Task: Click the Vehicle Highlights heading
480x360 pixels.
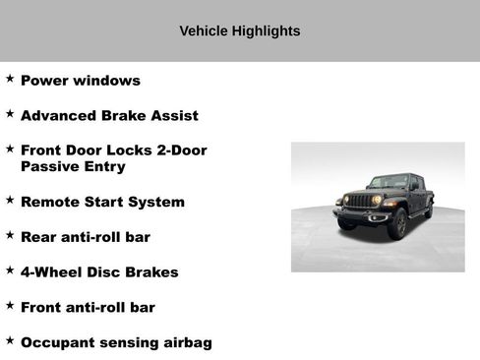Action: (x=239, y=31)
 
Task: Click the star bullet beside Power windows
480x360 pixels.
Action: (x=10, y=78)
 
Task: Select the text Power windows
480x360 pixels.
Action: (x=81, y=81)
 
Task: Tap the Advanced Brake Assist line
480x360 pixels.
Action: (x=109, y=115)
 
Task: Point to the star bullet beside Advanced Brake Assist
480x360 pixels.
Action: (x=10, y=113)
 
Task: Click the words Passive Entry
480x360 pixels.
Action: (x=73, y=167)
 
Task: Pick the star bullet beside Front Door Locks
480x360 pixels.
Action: (x=10, y=149)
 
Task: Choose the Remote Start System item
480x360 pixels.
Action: (x=102, y=202)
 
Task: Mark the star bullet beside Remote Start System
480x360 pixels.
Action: (x=10, y=200)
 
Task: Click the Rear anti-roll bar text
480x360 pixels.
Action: (x=86, y=237)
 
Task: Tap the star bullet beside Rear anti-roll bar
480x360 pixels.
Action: (x=10, y=235)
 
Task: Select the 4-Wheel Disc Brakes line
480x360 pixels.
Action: (x=99, y=272)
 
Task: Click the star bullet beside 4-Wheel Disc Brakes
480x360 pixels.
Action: (x=10, y=270)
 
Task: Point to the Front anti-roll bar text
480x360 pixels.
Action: (x=88, y=307)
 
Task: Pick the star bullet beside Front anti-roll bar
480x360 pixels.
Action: (x=10, y=305)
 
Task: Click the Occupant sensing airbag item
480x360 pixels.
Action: (x=116, y=342)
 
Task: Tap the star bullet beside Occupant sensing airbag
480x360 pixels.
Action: (x=10, y=340)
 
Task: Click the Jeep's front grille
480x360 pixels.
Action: (x=362, y=201)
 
